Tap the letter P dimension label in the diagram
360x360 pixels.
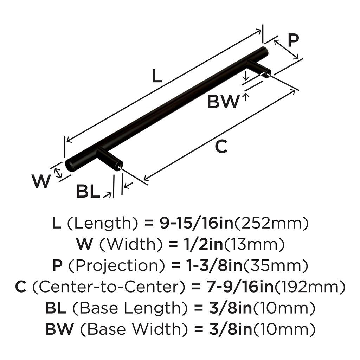click(x=293, y=40)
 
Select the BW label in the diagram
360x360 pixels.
click(x=223, y=102)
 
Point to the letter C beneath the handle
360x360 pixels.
click(x=221, y=147)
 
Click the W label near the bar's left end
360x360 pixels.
click(x=41, y=181)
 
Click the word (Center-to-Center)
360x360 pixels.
click(x=109, y=287)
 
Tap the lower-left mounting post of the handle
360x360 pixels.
click(x=112, y=160)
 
